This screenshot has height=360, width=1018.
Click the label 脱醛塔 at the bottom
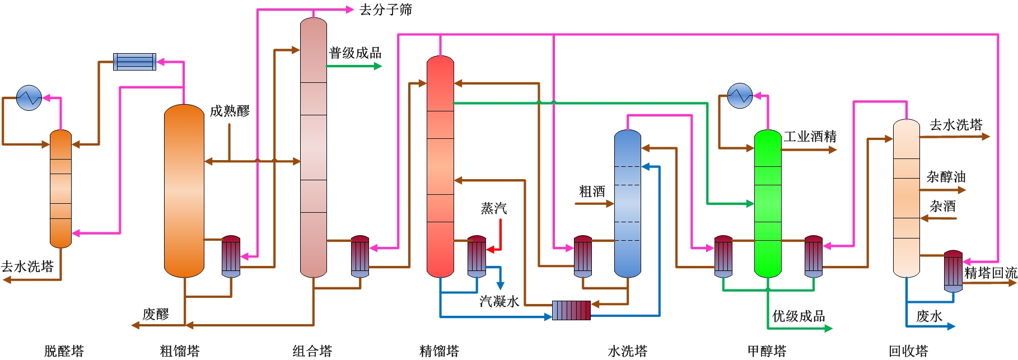[x=64, y=351]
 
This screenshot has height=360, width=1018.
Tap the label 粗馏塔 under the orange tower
[x=180, y=351]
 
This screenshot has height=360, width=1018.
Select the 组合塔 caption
[x=312, y=351]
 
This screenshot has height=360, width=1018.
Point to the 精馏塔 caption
[x=439, y=351]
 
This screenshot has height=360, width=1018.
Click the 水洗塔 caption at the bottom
[x=627, y=351]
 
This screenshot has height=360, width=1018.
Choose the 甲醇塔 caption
[x=767, y=351]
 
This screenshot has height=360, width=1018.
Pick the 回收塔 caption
[x=908, y=351]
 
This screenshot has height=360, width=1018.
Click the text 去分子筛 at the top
[x=385, y=10]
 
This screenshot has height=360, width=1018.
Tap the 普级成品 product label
[x=355, y=53]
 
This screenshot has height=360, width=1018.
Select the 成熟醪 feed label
[x=230, y=111]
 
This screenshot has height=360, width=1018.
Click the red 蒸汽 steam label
[x=493, y=208]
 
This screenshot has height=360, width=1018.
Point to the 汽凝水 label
[x=499, y=301]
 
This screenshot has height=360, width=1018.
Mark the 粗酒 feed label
[x=592, y=191]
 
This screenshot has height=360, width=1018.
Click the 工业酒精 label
[x=810, y=137]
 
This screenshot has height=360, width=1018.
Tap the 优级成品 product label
[x=798, y=316]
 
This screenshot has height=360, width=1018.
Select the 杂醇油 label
[x=946, y=177]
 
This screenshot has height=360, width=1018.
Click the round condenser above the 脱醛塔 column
[x=29, y=98]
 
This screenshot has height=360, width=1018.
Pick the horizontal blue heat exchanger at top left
[x=134, y=62]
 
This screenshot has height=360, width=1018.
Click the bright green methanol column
[x=767, y=204]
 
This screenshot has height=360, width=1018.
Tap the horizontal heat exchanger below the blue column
[x=571, y=310]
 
